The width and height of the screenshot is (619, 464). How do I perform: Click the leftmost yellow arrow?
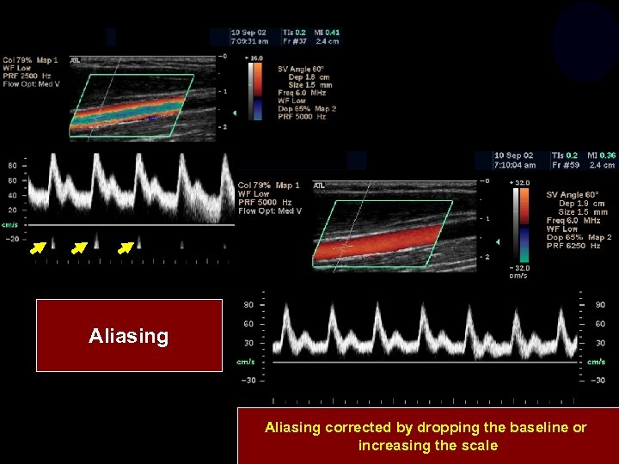point(37,249)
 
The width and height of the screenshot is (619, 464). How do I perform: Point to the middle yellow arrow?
point(79,249)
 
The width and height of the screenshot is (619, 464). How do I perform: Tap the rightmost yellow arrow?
point(126,249)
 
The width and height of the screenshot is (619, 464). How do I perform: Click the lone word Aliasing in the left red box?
point(128,336)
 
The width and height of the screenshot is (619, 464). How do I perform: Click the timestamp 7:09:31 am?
point(249,40)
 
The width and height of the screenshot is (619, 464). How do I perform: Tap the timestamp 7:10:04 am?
point(515,165)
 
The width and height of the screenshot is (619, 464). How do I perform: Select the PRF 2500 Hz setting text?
point(30,75)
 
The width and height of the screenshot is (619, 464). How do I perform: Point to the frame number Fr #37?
point(298,40)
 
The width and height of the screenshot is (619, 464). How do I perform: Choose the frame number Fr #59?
point(563,165)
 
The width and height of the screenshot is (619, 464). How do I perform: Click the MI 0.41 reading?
point(327,33)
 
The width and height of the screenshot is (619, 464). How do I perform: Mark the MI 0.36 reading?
point(602,156)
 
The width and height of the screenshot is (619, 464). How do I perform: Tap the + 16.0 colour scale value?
point(255,58)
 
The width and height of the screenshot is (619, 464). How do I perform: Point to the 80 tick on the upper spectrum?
point(12,165)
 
